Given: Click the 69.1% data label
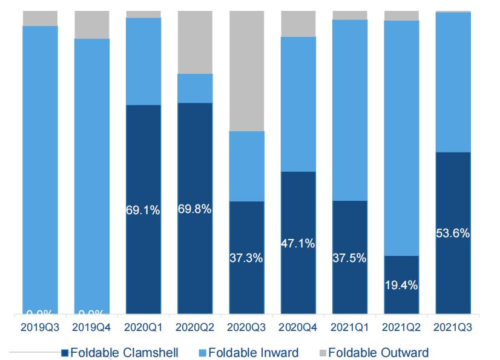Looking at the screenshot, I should [x=143, y=211].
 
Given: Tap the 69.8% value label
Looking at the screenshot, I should [x=195, y=209].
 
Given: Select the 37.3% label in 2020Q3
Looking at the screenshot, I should [x=246, y=258].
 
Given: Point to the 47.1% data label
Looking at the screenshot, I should [x=298, y=244].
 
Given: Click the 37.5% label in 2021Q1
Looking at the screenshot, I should [x=349, y=258].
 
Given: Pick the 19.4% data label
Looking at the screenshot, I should [x=401, y=286].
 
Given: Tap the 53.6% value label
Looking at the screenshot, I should [x=453, y=234].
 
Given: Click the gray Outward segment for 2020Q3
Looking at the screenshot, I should [x=246, y=71].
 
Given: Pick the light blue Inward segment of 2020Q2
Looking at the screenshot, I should [x=195, y=88].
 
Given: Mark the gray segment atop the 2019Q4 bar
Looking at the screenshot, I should [x=92, y=25].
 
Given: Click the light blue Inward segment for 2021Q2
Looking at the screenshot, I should [x=401, y=138].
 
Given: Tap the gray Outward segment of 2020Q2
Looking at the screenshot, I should [x=195, y=42].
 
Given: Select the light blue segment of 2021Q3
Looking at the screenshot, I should [x=453, y=82].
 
